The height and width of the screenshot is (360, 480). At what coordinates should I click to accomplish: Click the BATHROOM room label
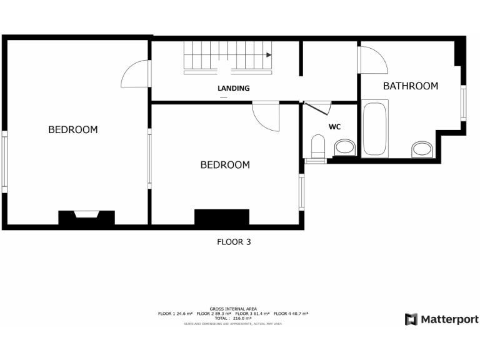(410, 86)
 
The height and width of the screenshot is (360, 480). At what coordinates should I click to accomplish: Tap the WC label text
(334, 127)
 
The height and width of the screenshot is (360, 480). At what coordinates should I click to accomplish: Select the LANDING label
(234, 89)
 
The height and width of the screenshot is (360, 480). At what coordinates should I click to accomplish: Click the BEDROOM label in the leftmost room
(73, 130)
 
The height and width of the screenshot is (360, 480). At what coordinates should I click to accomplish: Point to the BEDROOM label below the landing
(225, 165)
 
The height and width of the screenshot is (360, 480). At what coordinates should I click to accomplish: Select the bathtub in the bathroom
(375, 129)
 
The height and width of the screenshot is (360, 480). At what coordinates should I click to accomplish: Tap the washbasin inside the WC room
(344, 148)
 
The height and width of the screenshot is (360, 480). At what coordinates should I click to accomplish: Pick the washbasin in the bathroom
(422, 150)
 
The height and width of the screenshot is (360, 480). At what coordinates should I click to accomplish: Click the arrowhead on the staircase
(269, 55)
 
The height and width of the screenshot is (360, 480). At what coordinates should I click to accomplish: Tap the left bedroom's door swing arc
(134, 74)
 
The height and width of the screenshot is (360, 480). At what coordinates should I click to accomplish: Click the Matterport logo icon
(411, 319)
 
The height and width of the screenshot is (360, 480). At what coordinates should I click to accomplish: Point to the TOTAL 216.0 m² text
(233, 318)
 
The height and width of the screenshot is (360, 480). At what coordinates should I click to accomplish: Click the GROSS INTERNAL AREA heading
(233, 309)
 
